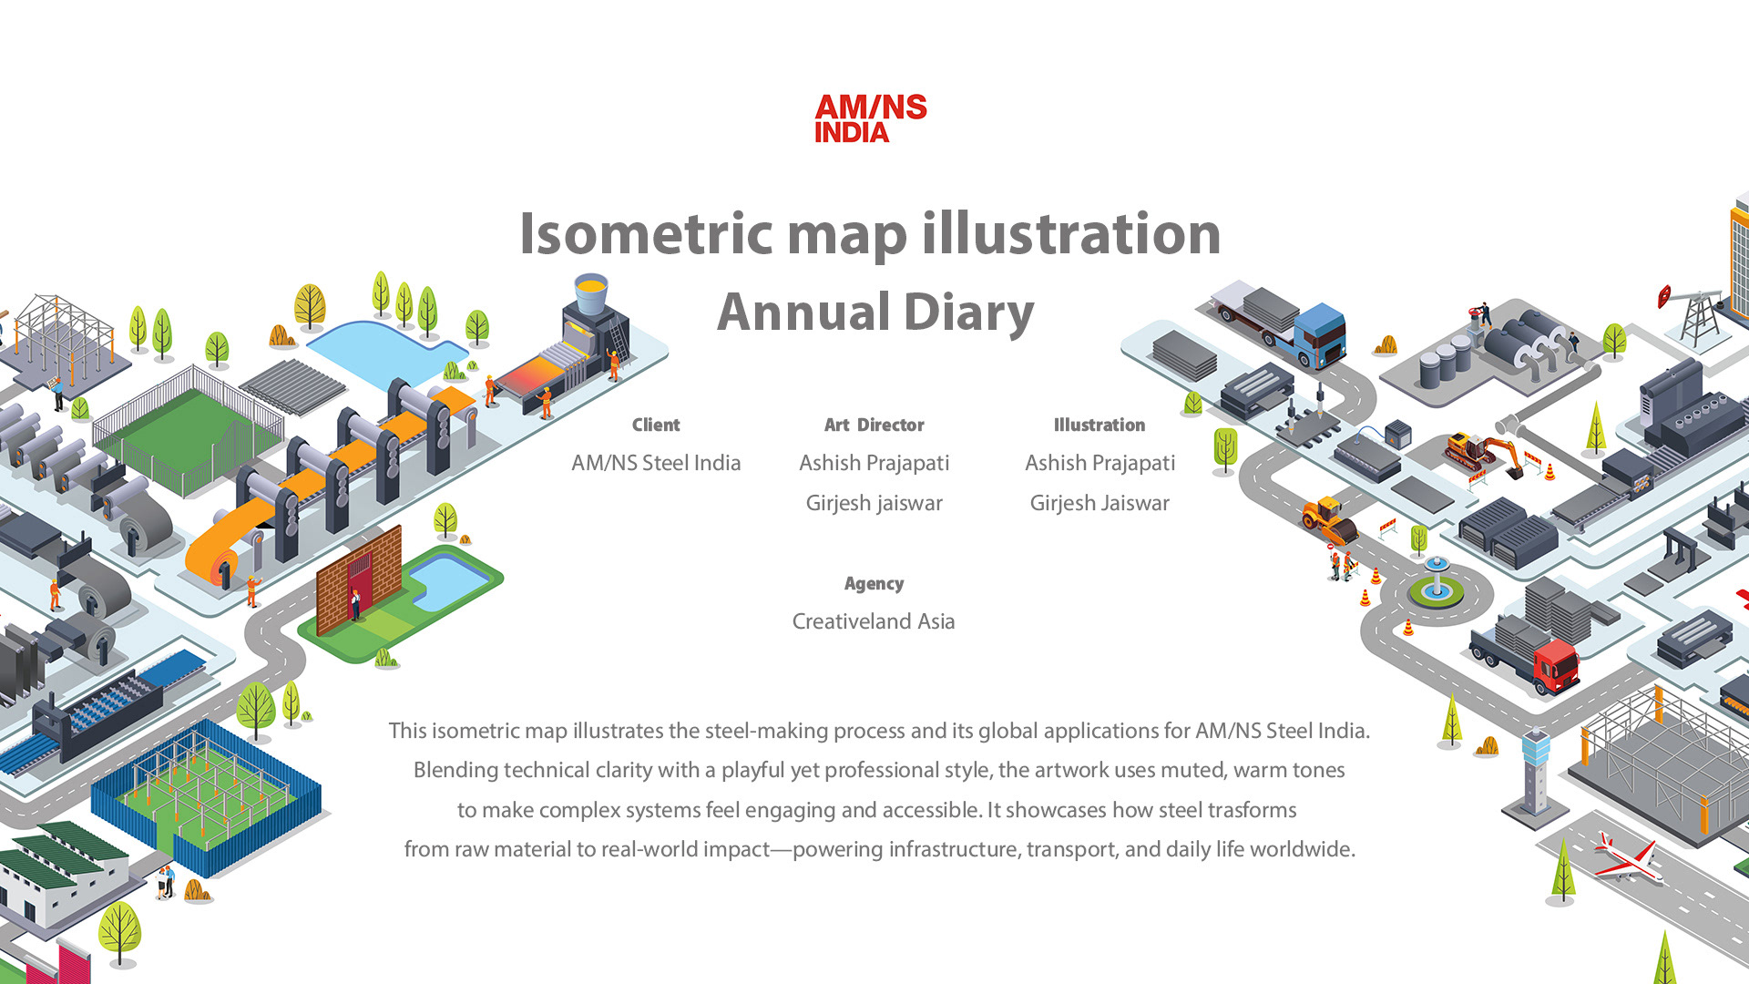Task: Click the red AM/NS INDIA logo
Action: point(871,118)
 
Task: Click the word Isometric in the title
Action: point(646,234)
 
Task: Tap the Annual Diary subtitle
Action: point(875,313)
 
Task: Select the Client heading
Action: point(656,425)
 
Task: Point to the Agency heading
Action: point(874,584)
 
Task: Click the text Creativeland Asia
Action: point(874,621)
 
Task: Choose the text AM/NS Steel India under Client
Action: point(656,463)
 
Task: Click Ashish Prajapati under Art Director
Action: point(874,464)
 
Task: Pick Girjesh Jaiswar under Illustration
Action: point(1100,504)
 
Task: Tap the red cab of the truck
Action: point(1556,665)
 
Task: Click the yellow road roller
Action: point(1329,520)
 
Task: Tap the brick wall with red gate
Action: point(359,580)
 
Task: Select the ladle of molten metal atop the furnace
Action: point(591,293)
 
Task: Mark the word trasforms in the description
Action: point(1252,810)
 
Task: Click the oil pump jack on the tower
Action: point(1693,314)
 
